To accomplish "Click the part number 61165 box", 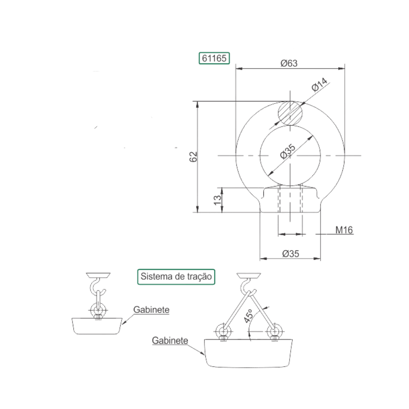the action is pyautogui.click(x=214, y=58).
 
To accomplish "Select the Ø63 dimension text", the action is pyautogui.click(x=289, y=63).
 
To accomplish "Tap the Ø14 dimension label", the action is pyautogui.click(x=319, y=84).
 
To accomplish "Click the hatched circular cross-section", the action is pyautogui.click(x=290, y=113).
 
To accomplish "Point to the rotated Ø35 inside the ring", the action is pyautogui.click(x=288, y=151).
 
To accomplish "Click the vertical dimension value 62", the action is pyautogui.click(x=193, y=157).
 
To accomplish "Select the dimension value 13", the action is pyautogui.click(x=217, y=200).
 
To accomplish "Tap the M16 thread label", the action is pyautogui.click(x=344, y=230).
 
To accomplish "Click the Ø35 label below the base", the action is pyautogui.click(x=290, y=254).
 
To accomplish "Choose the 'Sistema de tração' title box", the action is pyautogui.click(x=176, y=276).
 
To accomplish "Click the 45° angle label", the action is pyautogui.click(x=248, y=316).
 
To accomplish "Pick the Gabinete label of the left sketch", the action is pyautogui.click(x=151, y=310).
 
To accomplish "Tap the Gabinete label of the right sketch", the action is pyautogui.click(x=170, y=340).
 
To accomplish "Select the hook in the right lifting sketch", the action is pyautogui.click(x=243, y=287).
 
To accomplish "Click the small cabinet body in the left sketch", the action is pyautogui.click(x=97, y=326).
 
